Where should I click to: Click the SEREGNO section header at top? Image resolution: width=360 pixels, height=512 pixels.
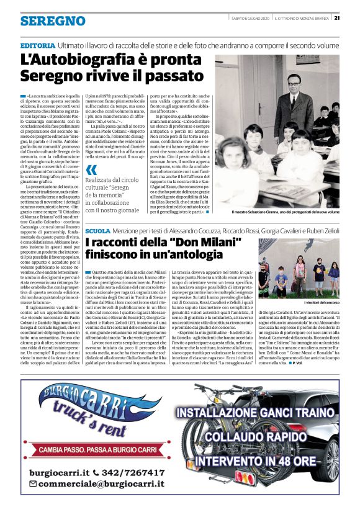click(x=52, y=22)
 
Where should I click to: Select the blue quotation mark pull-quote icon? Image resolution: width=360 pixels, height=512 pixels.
click(x=92, y=169)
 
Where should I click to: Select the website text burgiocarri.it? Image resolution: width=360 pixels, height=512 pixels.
click(x=57, y=473)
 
